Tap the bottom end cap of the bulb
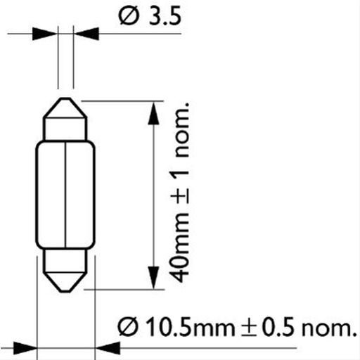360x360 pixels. click(x=65, y=270)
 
